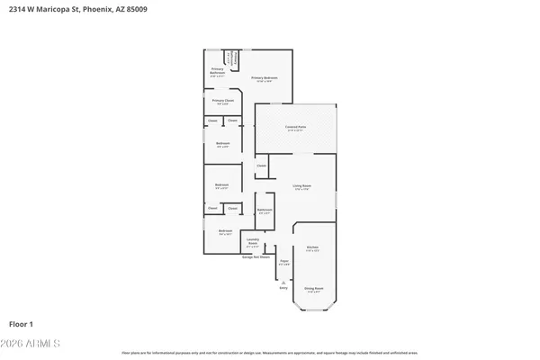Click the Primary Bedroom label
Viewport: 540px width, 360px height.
pos(264,78)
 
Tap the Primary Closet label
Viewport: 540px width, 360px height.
pos(222,101)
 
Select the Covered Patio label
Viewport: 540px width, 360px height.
pos(295,127)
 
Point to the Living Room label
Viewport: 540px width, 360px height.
pos(301,186)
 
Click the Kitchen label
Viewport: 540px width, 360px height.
pos(312,247)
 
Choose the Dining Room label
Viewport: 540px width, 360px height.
pos(313,288)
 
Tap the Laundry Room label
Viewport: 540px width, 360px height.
pos(253,241)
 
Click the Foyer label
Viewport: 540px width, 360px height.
pos(283,261)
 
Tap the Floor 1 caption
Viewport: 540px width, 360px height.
pos(22,323)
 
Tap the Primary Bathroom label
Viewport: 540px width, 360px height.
pos(218,70)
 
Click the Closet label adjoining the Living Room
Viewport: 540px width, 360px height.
pos(261,166)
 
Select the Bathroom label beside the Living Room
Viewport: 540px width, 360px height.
pos(264,210)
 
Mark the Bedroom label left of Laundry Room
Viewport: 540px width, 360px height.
pos(225,231)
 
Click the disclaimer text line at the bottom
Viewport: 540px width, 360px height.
pos(270,354)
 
